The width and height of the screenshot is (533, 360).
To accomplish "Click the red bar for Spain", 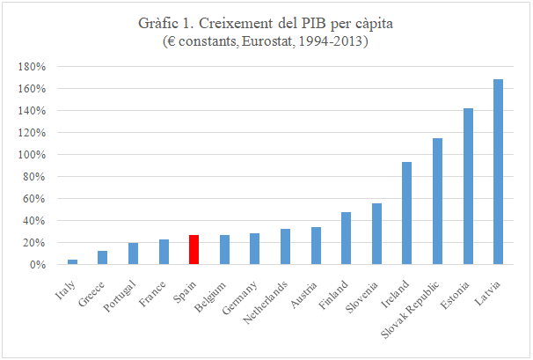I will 193,249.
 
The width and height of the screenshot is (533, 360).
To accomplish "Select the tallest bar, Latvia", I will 498,172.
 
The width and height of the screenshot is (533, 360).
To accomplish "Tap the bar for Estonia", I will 468,186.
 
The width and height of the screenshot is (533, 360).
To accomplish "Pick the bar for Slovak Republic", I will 437,201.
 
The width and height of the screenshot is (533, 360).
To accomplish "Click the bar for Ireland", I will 406,213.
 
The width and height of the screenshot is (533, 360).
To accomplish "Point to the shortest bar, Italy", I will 72,261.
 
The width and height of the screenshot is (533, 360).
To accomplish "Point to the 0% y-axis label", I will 37,265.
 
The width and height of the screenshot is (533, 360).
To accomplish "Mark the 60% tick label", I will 35,199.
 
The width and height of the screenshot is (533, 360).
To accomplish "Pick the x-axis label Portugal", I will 121,291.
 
